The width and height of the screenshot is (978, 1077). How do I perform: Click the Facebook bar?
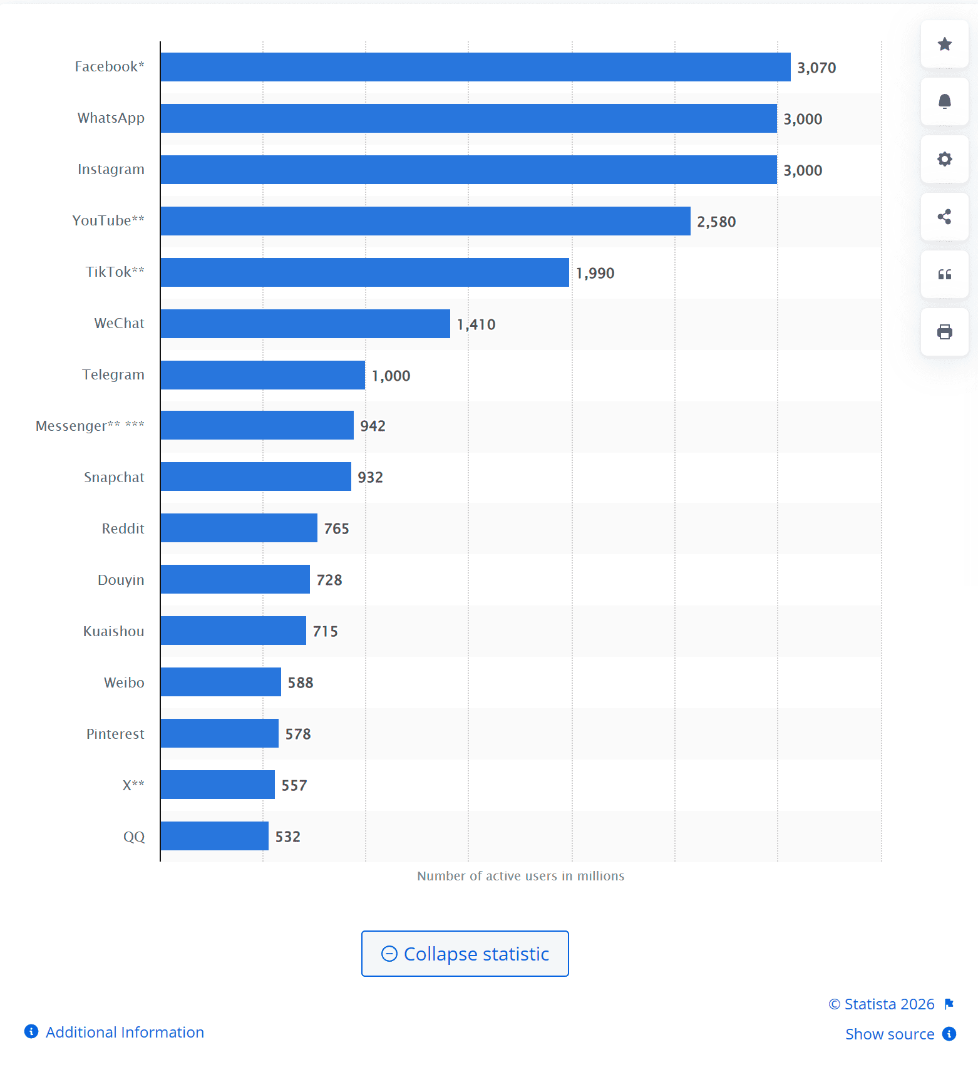[475, 67]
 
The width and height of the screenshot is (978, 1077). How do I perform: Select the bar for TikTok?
[364, 272]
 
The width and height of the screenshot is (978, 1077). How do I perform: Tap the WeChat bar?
[305, 324]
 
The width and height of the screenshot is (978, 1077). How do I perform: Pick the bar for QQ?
[214, 836]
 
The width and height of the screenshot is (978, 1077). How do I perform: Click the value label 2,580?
[716, 222]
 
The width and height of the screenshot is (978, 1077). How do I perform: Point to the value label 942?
[373, 426]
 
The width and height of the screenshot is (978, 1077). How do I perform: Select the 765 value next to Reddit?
[336, 528]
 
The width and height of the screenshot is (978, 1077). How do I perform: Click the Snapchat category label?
[114, 477]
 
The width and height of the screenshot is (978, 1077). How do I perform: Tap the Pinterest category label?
[115, 734]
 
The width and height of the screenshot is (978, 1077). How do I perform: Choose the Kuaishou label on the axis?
[113, 631]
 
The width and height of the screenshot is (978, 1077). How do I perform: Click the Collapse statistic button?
[465, 954]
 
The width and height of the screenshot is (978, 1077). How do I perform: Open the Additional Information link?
[124, 1032]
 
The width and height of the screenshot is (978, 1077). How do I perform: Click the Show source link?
[890, 1034]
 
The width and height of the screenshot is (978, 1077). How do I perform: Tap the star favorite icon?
[944, 44]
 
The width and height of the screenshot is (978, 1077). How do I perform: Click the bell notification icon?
[944, 101]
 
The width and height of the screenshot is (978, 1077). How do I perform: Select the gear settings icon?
[944, 159]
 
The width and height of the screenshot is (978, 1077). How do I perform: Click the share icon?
[944, 217]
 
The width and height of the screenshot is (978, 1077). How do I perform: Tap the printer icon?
[944, 332]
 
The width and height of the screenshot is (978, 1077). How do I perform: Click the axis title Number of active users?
[520, 876]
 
